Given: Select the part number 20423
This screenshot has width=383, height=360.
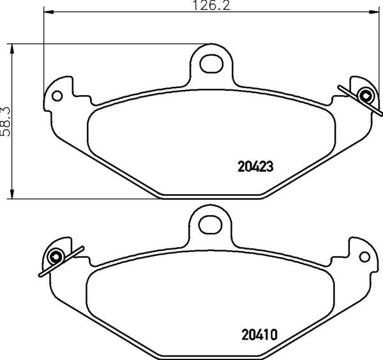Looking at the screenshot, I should [x=255, y=167].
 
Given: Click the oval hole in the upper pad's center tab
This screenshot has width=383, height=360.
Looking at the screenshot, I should [x=210, y=63].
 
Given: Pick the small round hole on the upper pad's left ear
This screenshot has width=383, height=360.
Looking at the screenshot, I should [x=57, y=96].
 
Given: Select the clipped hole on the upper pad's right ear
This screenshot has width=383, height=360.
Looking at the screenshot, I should [x=366, y=96].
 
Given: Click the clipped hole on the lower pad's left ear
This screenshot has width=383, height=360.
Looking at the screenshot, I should [x=56, y=257].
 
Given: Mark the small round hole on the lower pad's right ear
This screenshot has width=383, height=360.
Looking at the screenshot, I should [x=364, y=257].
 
